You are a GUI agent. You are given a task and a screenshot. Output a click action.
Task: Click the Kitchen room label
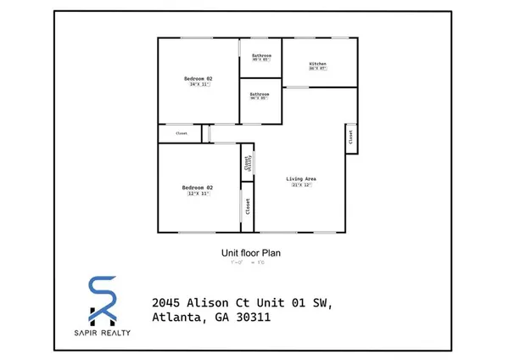click(x=318, y=65)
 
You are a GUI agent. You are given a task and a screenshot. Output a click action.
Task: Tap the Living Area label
click(x=300, y=178)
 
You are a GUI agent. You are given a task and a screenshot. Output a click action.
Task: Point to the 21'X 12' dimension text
click(x=300, y=185)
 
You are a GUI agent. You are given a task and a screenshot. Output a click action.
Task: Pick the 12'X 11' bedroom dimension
click(x=198, y=194)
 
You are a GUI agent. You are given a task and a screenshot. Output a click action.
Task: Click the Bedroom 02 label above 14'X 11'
click(x=198, y=78)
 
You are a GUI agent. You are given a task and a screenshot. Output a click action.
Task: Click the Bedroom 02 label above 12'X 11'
click(x=198, y=187)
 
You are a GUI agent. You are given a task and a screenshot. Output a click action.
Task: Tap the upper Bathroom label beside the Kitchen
click(x=260, y=55)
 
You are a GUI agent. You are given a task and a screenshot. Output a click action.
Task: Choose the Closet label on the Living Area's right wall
click(x=350, y=135)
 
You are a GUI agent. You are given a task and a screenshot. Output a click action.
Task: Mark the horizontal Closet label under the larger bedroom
click(x=182, y=134)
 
